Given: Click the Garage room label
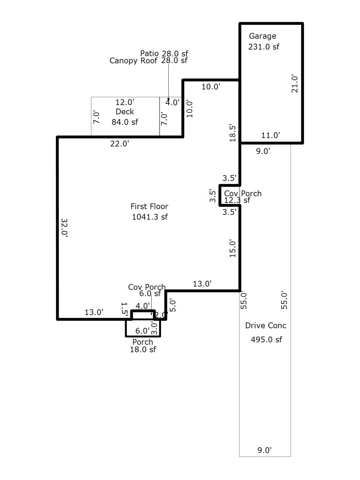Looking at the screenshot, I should [x=262, y=36].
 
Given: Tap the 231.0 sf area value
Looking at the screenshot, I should [x=264, y=47].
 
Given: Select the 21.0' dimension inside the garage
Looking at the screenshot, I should [x=295, y=84].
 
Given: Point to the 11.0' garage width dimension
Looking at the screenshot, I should [x=271, y=135].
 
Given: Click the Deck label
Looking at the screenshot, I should [x=125, y=112].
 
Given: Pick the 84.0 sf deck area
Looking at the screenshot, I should [x=125, y=122].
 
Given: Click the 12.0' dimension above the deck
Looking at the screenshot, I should [x=125, y=102].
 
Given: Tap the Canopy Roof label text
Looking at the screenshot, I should [x=133, y=61].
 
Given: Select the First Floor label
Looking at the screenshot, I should [x=149, y=206].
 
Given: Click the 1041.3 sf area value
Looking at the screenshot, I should [x=150, y=217].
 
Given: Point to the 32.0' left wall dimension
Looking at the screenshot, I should [x=64, y=228].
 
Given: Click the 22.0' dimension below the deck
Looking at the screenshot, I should [x=120, y=144].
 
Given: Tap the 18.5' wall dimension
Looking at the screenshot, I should [x=233, y=133].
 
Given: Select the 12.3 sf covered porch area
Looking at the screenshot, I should [x=237, y=200].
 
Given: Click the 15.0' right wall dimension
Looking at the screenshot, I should [x=233, y=248].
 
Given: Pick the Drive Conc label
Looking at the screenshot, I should [x=265, y=325].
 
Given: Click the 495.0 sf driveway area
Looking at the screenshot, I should [x=266, y=340].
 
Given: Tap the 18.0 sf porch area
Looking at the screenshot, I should [x=143, y=349].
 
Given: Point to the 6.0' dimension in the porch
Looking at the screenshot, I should [x=142, y=331].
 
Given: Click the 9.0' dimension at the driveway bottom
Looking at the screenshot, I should [x=265, y=450].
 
